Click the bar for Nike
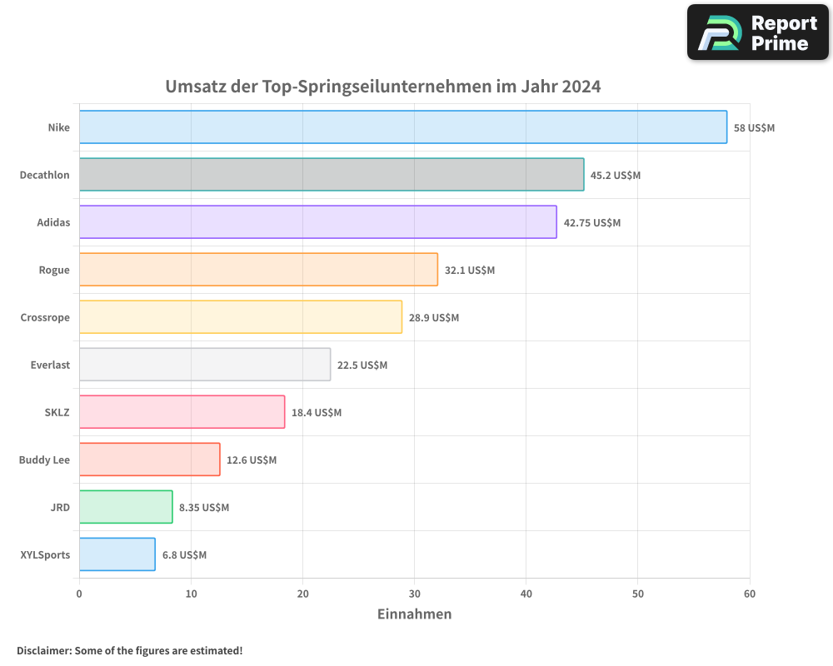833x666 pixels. [403, 127]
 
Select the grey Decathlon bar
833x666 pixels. [332, 175]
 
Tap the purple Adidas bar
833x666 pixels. [317, 222]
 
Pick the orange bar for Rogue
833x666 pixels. [258, 270]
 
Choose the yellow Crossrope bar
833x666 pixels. [241, 317]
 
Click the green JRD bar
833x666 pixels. [126, 507]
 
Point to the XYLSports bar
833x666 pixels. [117, 554]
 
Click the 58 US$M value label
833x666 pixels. [754, 128]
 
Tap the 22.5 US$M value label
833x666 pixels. [362, 365]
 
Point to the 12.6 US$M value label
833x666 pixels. [252, 460]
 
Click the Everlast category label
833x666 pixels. [50, 365]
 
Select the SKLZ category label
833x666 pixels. [57, 412]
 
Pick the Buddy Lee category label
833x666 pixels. [45, 460]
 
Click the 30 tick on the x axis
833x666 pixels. [414, 594]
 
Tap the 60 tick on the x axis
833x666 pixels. [749, 594]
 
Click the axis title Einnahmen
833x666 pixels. [414, 614]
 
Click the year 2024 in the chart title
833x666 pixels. [581, 87]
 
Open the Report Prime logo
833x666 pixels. [757, 32]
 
